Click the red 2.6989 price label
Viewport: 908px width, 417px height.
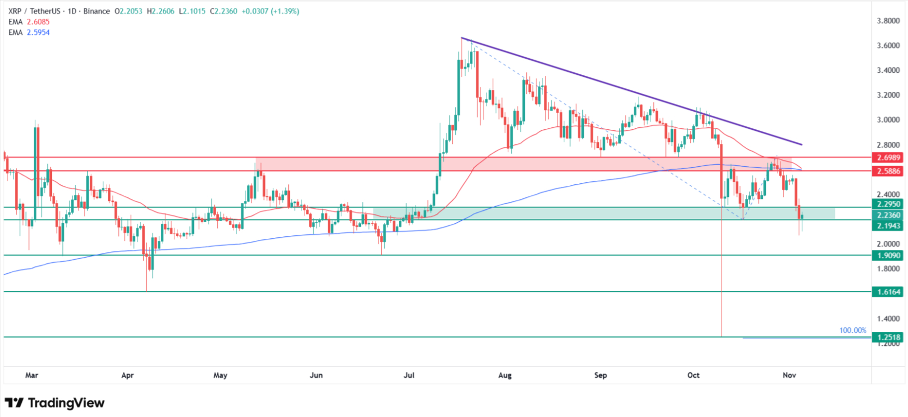888,157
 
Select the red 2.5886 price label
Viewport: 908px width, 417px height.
888,171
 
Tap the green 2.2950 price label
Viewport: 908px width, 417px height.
888,204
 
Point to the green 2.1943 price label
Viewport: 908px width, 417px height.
888,225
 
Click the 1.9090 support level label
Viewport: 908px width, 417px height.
888,255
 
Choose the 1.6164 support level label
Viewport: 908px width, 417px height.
888,292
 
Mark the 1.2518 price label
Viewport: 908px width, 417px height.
888,338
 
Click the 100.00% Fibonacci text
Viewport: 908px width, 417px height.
853,330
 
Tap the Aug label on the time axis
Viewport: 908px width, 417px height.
505,375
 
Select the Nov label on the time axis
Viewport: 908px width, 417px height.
789,375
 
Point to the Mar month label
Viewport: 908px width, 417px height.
32,375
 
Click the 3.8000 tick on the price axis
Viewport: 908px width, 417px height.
888,21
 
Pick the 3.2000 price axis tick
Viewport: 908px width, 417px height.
888,95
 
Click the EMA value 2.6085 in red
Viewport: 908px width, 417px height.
38,22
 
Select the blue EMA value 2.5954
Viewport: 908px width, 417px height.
38,32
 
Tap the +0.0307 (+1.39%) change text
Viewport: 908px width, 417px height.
270,11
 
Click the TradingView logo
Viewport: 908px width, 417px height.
54,403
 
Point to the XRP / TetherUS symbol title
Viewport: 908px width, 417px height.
34,11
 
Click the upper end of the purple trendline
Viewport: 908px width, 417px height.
462,38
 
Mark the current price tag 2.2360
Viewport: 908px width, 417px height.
888,215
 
